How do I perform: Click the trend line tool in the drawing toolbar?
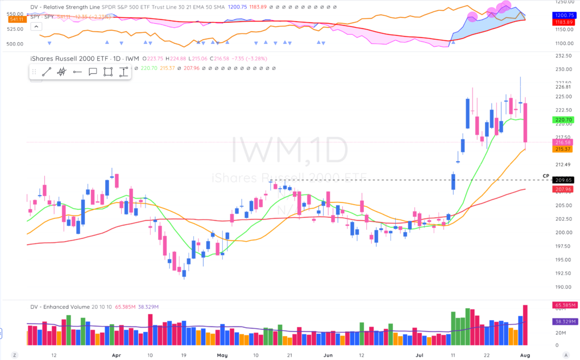(x=47, y=72)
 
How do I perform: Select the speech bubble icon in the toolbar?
(x=93, y=72)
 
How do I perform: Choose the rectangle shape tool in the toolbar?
(x=108, y=72)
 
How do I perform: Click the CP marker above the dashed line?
(x=546, y=176)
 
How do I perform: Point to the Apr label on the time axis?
(x=117, y=354)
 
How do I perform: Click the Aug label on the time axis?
(x=530, y=354)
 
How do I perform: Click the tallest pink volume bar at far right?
(x=525, y=325)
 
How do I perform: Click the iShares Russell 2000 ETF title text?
(x=68, y=58)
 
